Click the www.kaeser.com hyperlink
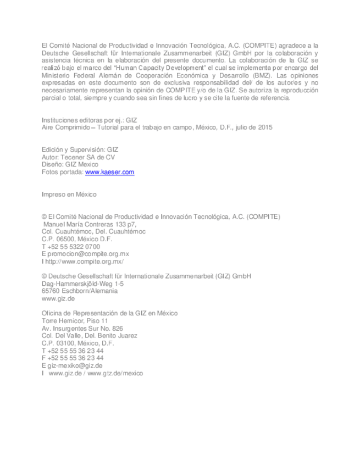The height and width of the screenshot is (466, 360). click(x=109, y=172)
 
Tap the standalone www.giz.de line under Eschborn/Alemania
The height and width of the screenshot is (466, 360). click(x=58, y=299)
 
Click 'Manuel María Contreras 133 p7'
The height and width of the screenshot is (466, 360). click(x=90, y=224)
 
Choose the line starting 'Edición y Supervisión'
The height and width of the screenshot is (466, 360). click(x=80, y=149)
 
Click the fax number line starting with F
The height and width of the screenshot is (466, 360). click(x=72, y=358)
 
